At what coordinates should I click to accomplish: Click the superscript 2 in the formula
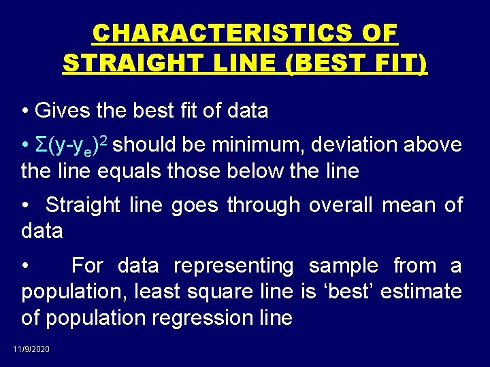pos(107,141)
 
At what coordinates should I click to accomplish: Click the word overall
pos(340,205)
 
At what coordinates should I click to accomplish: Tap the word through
pos(263,205)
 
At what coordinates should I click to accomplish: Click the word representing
pos(233,266)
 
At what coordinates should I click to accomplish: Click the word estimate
pos(421,292)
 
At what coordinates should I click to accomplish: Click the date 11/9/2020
pos(31,349)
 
